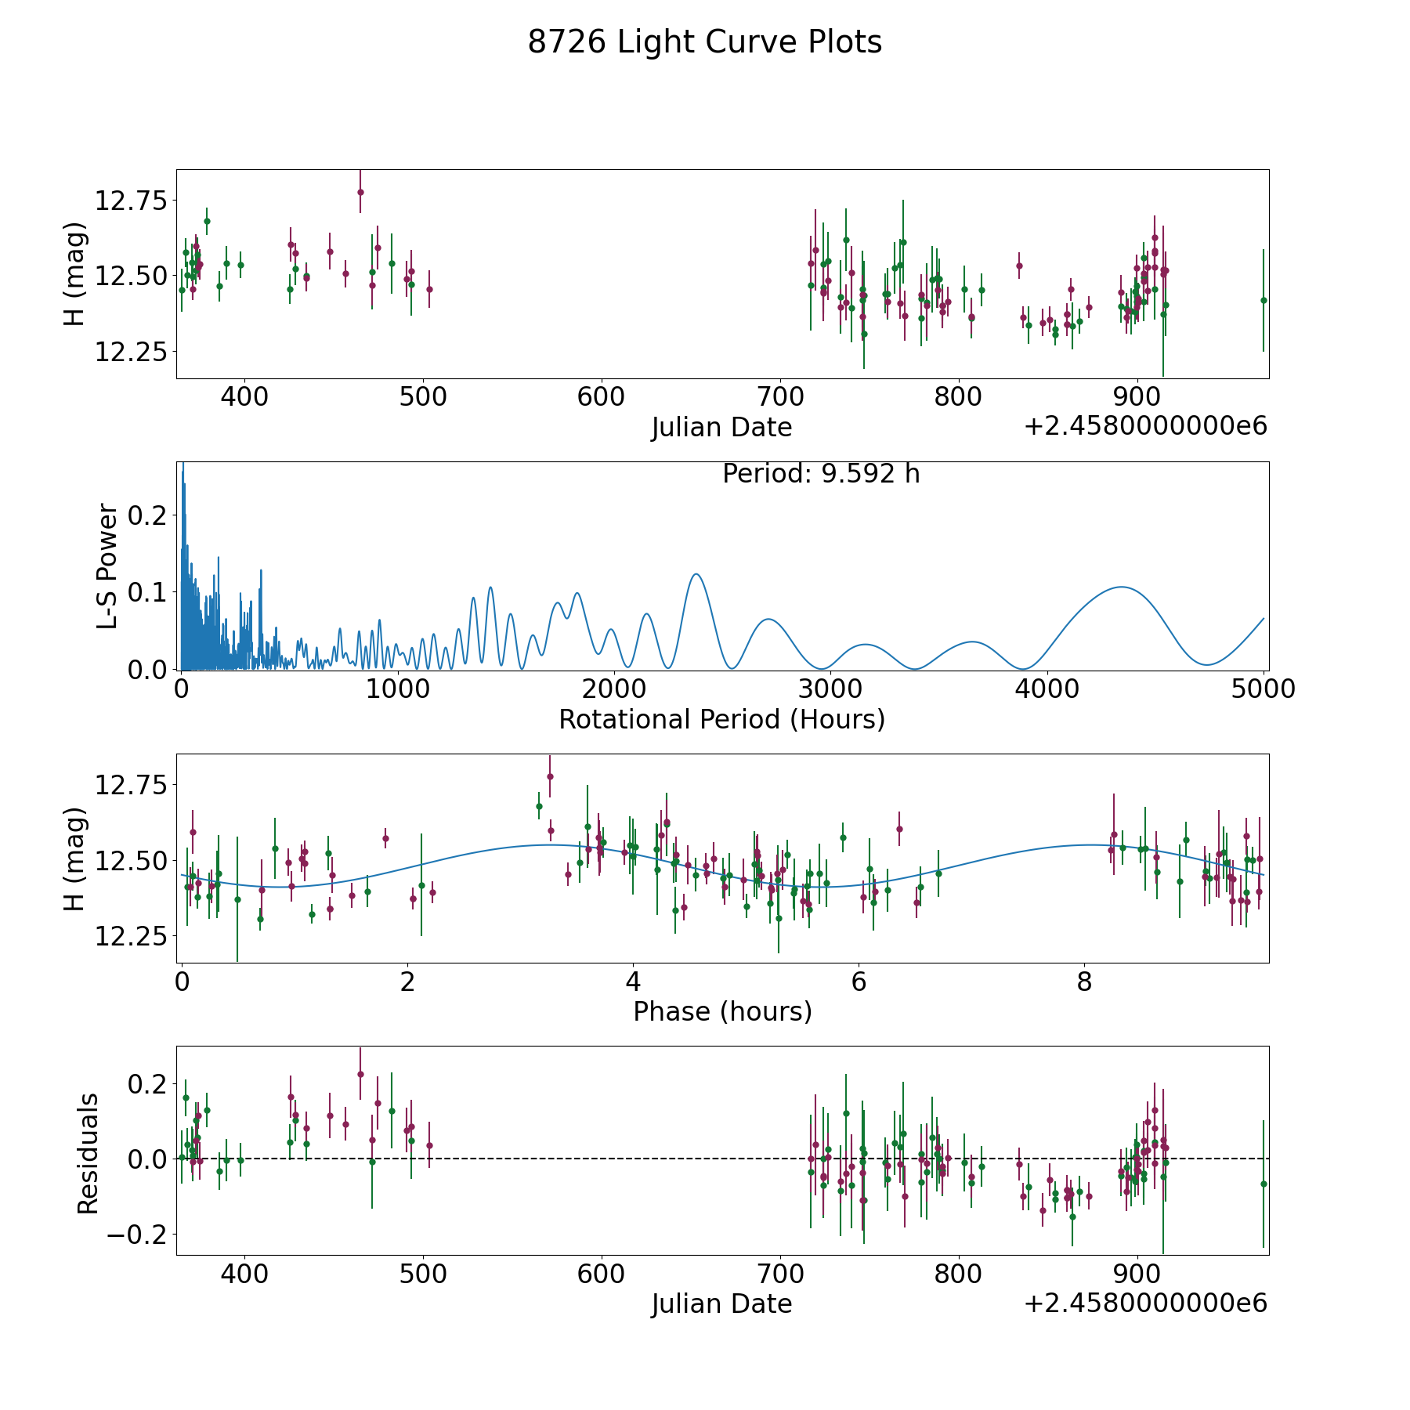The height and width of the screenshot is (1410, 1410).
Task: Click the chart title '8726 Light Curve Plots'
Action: coord(704,42)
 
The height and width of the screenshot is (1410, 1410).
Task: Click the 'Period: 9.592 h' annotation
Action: coord(821,474)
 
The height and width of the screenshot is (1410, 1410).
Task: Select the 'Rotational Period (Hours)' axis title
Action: coord(721,719)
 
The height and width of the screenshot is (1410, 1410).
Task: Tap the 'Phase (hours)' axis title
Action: coord(722,1011)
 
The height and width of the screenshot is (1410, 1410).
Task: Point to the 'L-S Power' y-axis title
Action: coord(107,566)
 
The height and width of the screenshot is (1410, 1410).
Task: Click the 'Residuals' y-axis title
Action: coord(88,1153)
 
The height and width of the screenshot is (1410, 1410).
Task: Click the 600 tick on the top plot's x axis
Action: coord(601,397)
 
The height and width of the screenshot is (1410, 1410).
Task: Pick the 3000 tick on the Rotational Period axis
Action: coord(830,689)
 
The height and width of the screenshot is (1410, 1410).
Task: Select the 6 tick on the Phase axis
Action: coord(859,982)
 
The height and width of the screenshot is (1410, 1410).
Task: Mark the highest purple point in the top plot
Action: coord(360,192)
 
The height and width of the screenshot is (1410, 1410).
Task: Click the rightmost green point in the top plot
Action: coord(1263,300)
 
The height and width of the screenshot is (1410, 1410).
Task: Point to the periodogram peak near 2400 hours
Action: coord(696,574)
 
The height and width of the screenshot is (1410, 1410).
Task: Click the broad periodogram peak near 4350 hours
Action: coord(1122,587)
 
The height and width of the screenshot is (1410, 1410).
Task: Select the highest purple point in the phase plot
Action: coord(550,776)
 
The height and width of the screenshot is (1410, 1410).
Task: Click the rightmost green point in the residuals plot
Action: coord(1263,1184)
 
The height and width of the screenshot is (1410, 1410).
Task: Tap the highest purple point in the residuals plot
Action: coord(360,1074)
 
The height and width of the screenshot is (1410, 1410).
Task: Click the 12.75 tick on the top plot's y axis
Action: coord(132,201)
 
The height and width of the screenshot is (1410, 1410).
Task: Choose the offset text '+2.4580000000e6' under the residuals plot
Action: coord(1145,1303)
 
